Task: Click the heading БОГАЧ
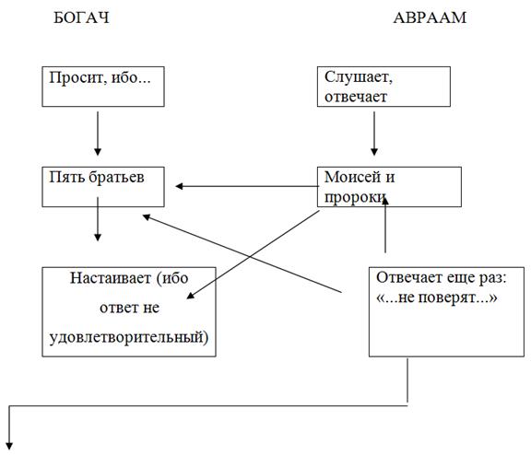pos(82,17)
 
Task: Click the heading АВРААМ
pos(430,17)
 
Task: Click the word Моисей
pos(352,177)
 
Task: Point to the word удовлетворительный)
pos(129,337)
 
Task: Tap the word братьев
pos(116,177)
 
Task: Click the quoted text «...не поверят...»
pos(437,297)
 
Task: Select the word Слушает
pos(359,77)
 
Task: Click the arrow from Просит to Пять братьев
pos(98,134)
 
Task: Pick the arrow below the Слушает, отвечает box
pos(374,134)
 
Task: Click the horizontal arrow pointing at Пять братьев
pos(248,186)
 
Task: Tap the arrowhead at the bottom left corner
pos(9,446)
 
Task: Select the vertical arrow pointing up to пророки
pos(385,225)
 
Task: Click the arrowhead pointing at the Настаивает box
pos(191,295)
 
